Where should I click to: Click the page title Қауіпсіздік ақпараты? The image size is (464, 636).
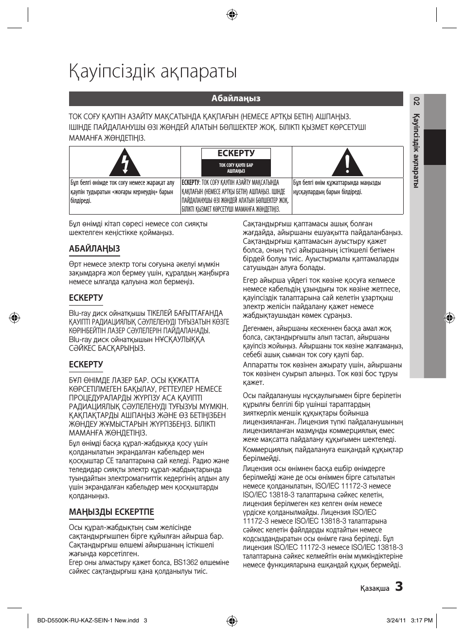(x=153, y=72)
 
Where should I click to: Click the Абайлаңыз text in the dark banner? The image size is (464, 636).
(x=236, y=99)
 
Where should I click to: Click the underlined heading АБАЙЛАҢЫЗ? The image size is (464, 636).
(x=94, y=249)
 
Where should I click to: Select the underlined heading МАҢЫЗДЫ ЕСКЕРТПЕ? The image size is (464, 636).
(x=111, y=512)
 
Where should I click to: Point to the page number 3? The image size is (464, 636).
(x=399, y=586)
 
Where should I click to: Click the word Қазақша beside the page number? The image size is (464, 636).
(x=375, y=588)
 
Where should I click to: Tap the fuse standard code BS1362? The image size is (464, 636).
(x=186, y=563)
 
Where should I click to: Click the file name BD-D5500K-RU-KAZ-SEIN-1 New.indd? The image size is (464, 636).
(x=88, y=620)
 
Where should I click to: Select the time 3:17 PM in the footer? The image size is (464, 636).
(x=422, y=620)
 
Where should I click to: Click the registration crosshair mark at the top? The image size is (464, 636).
(x=232, y=15)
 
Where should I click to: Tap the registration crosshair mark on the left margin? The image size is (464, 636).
(x=15, y=318)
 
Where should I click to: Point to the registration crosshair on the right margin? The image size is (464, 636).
(x=449, y=318)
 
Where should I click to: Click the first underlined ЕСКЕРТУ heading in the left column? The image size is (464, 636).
(x=86, y=298)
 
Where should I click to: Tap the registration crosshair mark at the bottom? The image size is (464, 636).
(x=232, y=621)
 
